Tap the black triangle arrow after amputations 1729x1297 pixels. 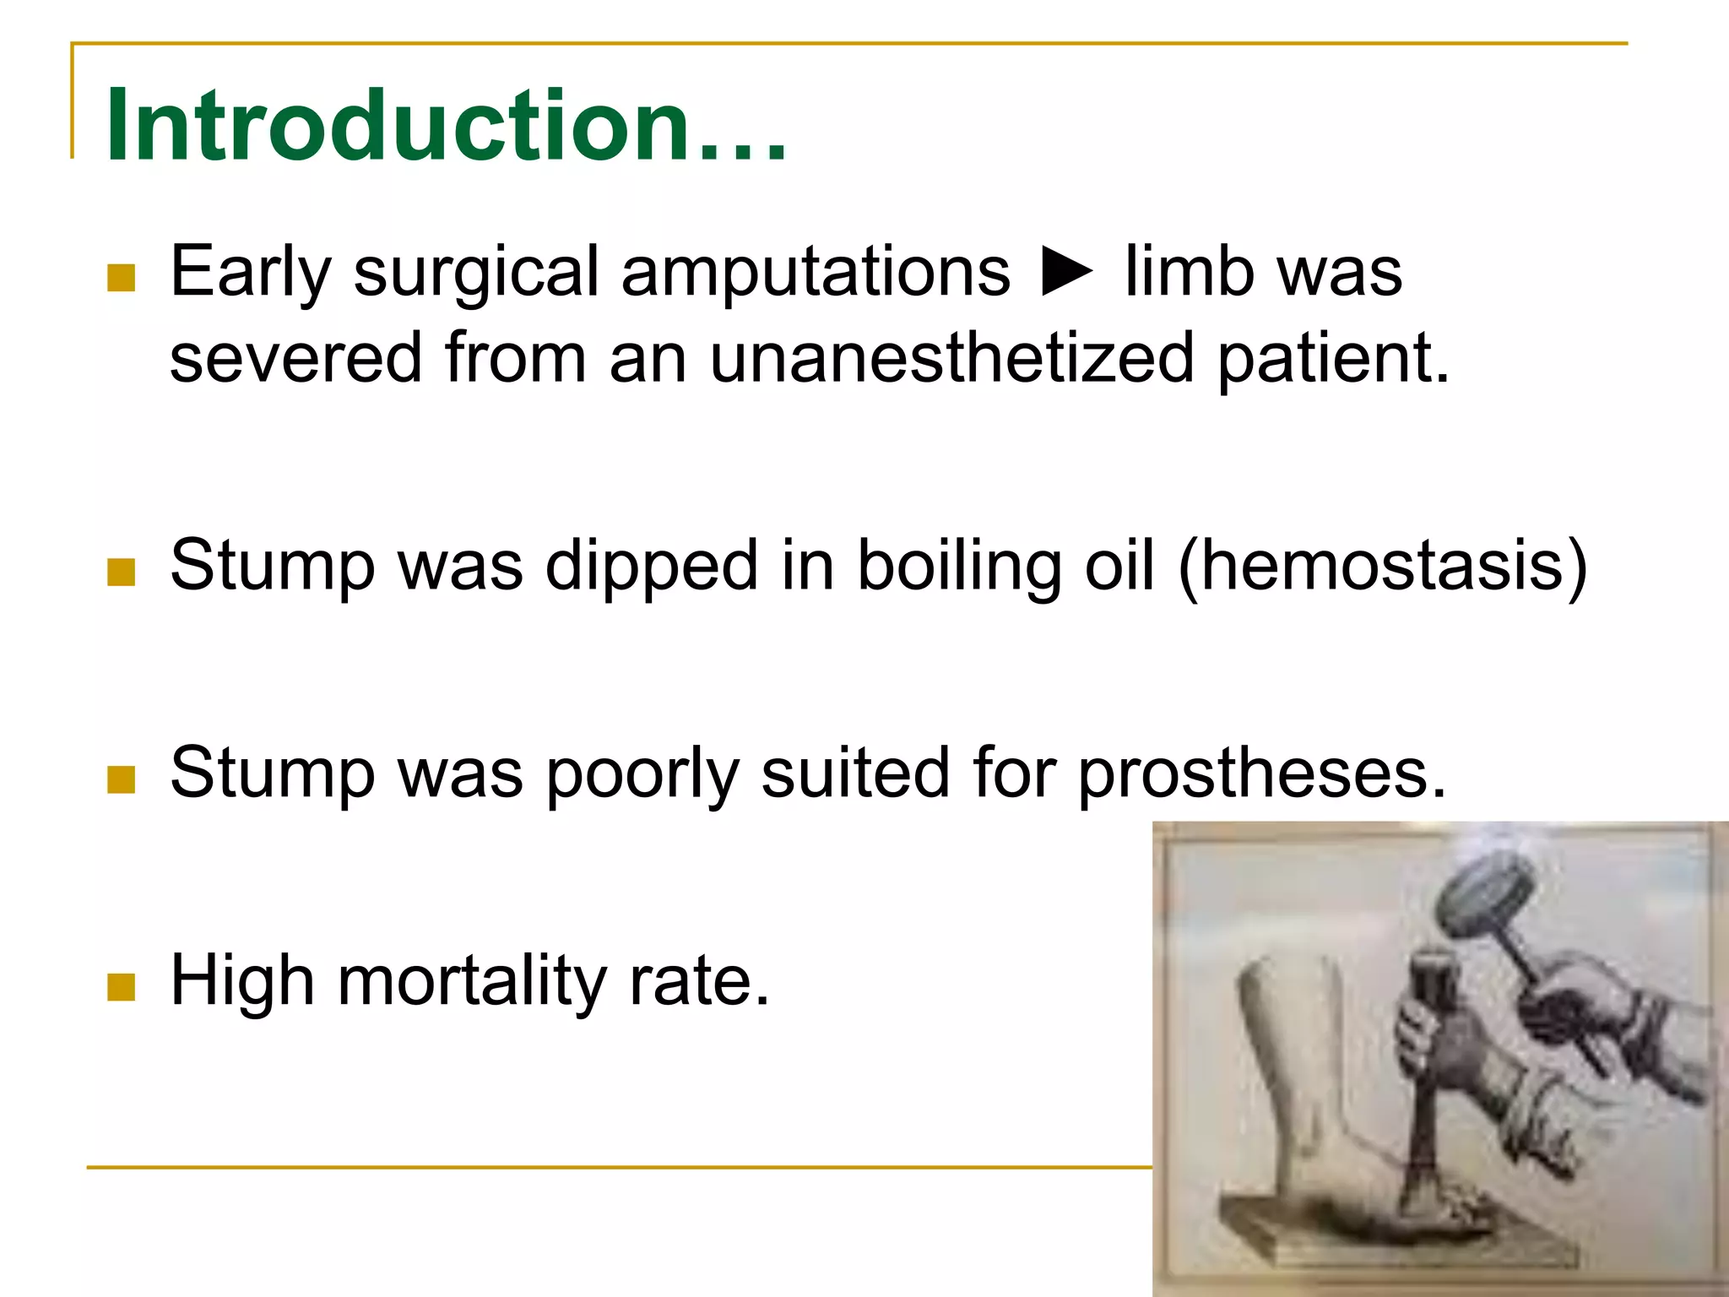(1067, 272)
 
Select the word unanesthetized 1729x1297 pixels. (951, 357)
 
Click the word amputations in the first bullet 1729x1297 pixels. (816, 272)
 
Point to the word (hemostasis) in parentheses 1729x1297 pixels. (1383, 566)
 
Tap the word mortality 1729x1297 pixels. (472, 981)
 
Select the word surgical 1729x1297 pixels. (475, 272)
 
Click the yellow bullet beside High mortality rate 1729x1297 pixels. (122, 986)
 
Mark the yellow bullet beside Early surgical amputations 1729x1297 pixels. (122, 277)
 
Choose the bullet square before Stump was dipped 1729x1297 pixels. (122, 572)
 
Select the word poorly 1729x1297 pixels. (642, 773)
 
